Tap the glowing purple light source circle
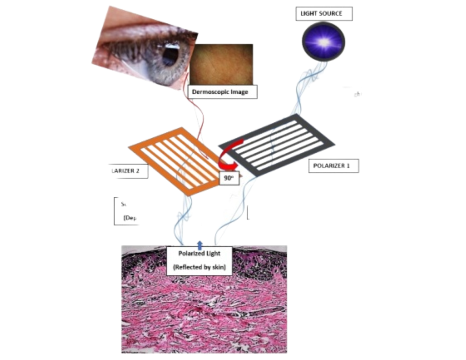point(323,41)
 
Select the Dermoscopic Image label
point(223,92)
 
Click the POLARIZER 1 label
point(333,165)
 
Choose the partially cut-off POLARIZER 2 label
point(126,171)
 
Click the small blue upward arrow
point(200,245)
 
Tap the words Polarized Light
point(199,253)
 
